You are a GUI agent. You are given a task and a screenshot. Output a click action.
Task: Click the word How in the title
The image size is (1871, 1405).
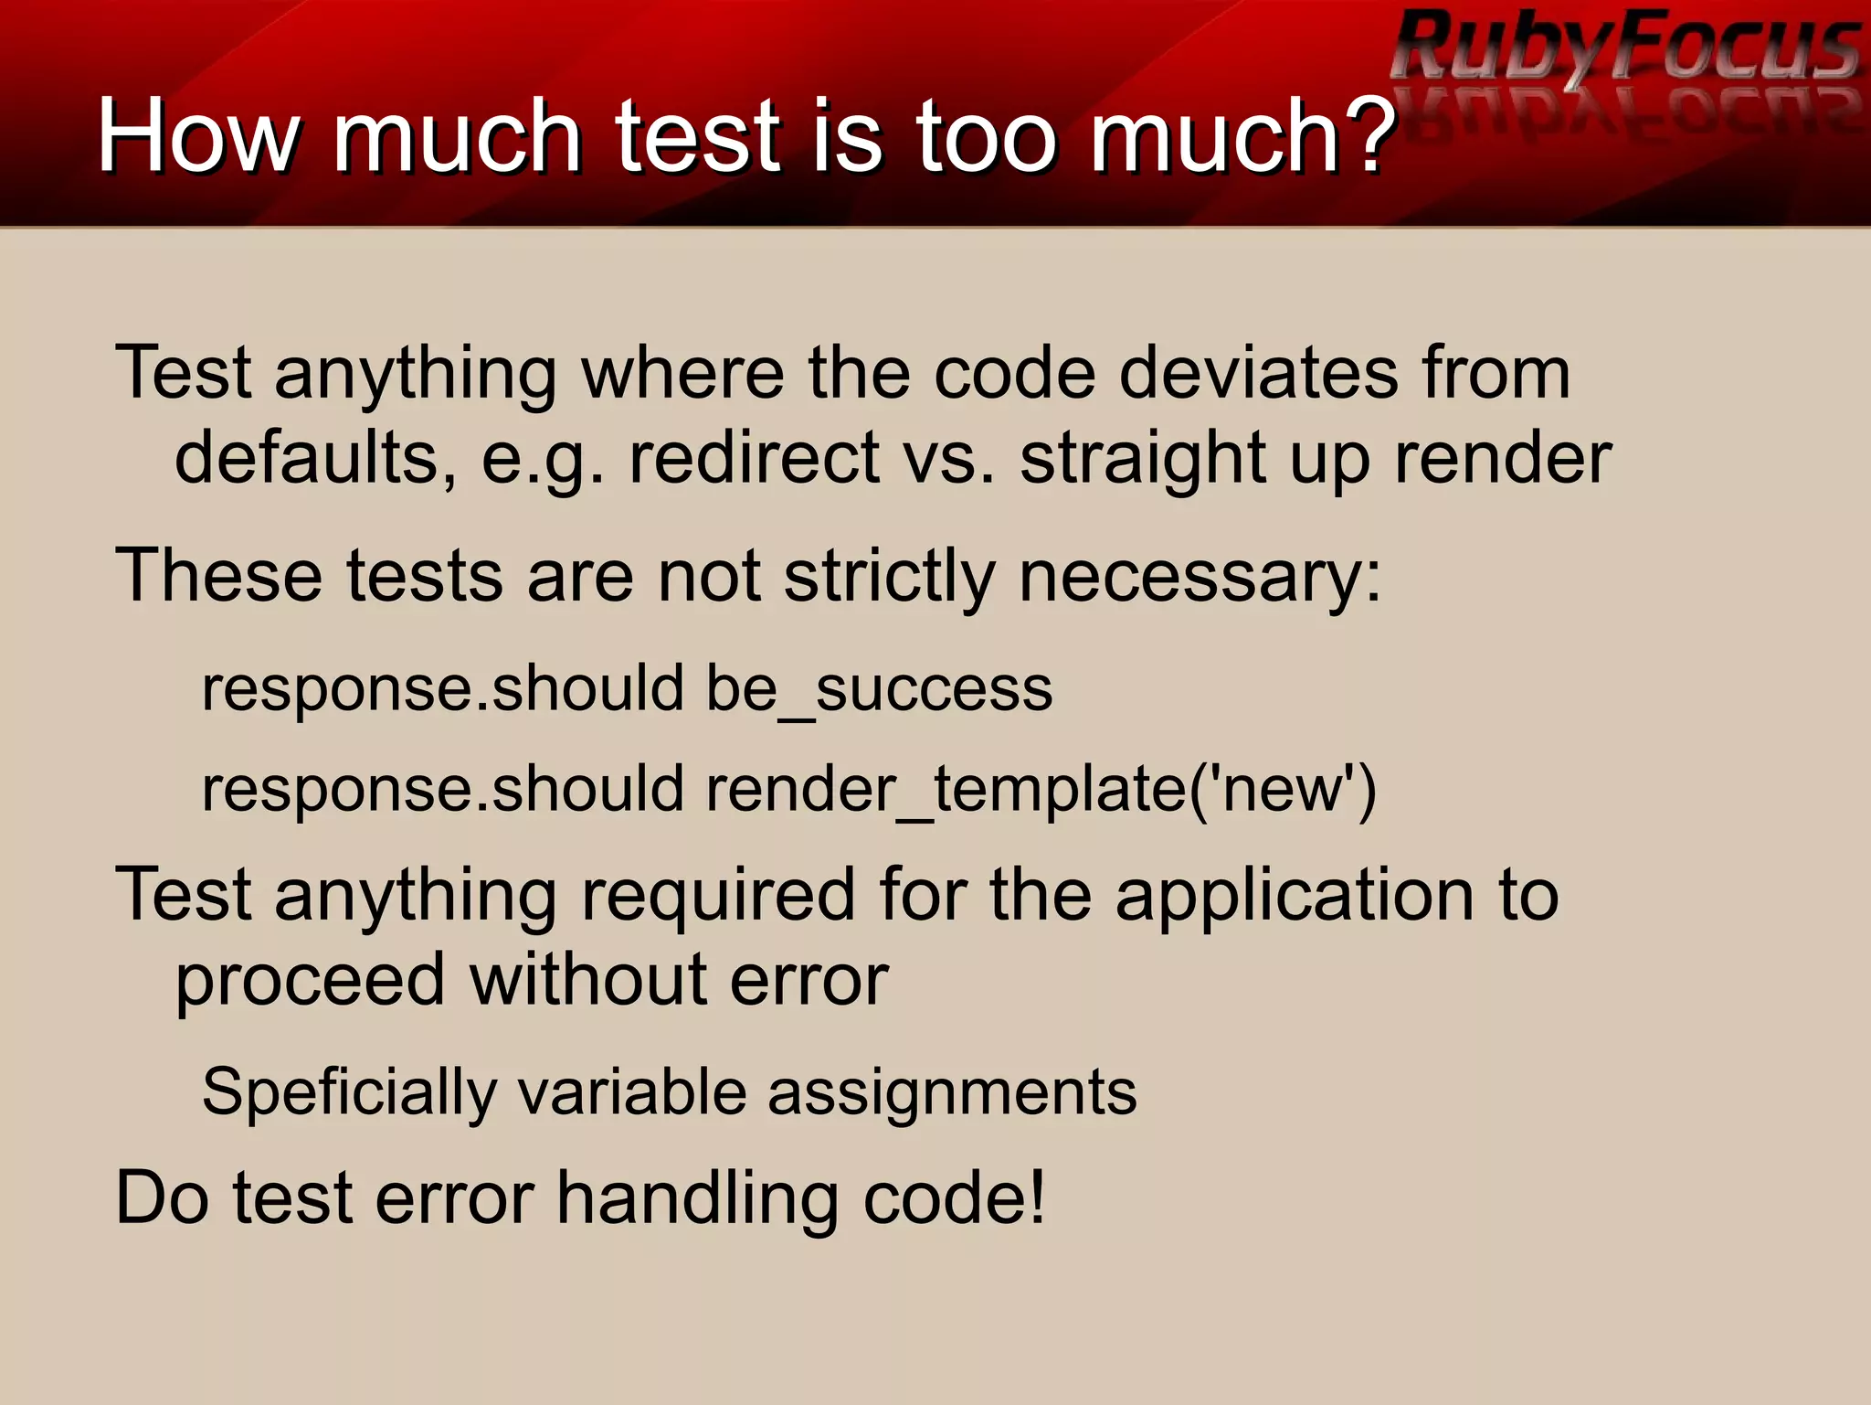click(196, 136)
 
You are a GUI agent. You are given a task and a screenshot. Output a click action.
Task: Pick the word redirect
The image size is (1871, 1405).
click(755, 457)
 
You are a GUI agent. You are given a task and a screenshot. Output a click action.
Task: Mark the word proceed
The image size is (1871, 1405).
click(310, 982)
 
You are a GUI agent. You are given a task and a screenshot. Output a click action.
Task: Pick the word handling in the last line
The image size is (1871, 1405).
click(698, 1198)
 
